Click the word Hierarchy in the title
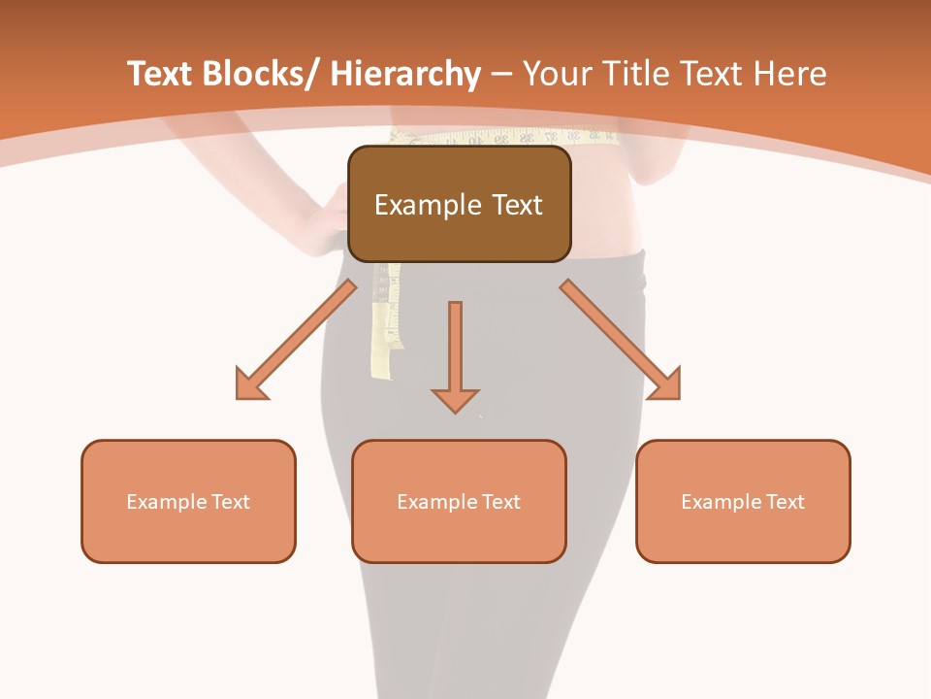point(404,74)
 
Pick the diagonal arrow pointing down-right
point(622,341)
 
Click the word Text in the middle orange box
point(501,502)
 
